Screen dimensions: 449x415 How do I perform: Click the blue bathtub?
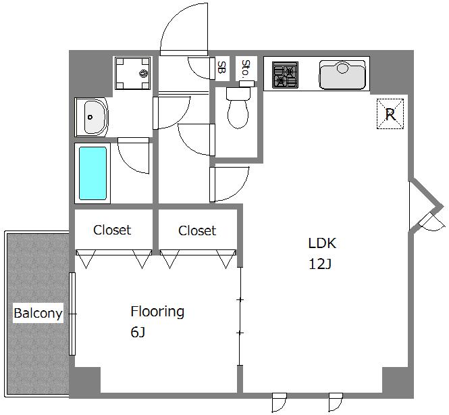coord(93,174)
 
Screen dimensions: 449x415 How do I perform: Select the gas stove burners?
coord(285,75)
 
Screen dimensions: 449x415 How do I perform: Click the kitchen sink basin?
coord(342,75)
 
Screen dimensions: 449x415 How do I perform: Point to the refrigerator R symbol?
coord(390,114)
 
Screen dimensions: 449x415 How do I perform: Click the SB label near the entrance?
coord(221,67)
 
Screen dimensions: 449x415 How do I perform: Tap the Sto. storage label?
coord(245,68)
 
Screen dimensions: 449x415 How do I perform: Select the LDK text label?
coord(322,243)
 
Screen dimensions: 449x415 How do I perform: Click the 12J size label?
coord(320,264)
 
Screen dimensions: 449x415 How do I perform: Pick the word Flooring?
coord(157,312)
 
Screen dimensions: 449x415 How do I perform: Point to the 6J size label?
coord(138,333)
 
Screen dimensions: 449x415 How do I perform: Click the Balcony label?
coord(38,313)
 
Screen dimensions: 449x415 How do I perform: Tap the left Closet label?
coord(112,230)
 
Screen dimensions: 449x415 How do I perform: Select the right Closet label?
coord(197,230)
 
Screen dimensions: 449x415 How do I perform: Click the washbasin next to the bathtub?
coord(92,117)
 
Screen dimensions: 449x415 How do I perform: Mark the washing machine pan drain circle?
coord(143,74)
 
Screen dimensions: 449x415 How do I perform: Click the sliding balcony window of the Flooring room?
coord(72,314)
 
